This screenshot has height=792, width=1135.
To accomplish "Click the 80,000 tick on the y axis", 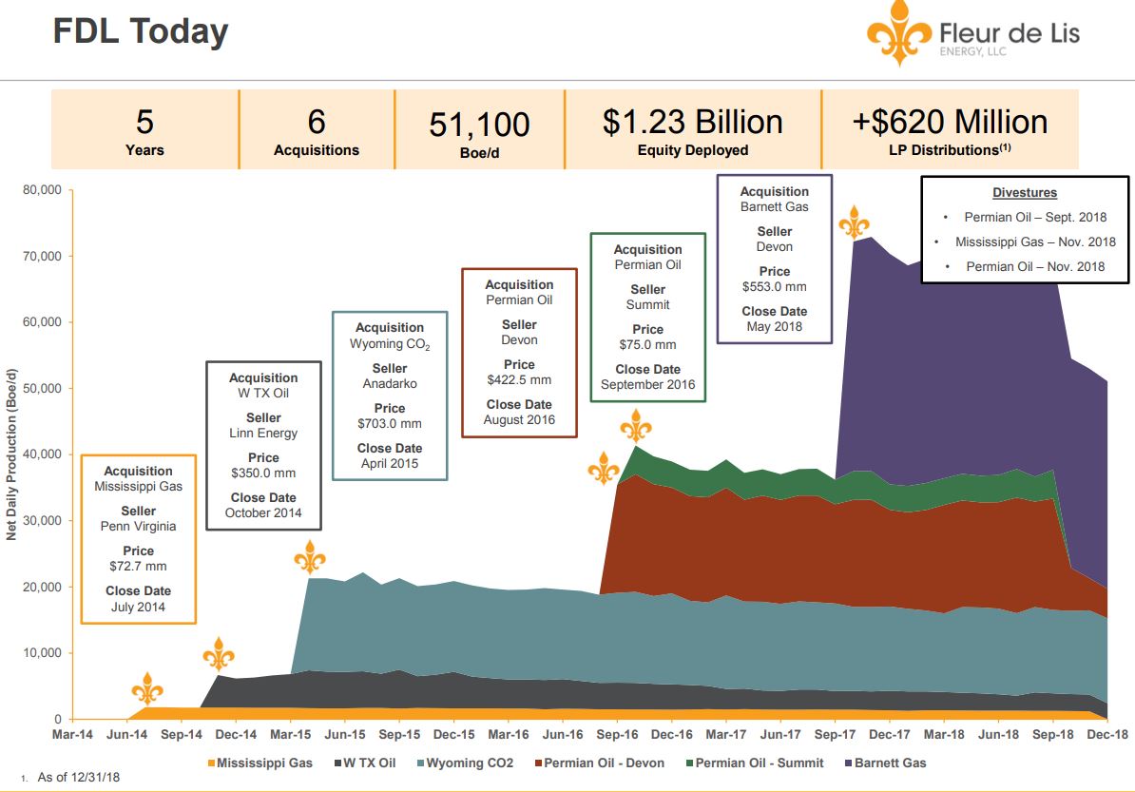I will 41,190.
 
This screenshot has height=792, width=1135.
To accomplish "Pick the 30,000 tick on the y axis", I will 41,521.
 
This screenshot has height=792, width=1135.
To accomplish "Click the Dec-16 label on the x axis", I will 671,735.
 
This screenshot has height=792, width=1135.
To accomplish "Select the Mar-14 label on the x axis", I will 72,735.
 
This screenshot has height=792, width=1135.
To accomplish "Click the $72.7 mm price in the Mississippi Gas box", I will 138,566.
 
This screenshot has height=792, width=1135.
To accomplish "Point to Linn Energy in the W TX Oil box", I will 263,433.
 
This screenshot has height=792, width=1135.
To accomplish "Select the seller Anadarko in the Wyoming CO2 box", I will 390,383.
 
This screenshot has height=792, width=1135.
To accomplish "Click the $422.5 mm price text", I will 519,379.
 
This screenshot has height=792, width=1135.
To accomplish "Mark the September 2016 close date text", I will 647,384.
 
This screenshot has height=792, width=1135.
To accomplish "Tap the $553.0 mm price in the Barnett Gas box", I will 774,286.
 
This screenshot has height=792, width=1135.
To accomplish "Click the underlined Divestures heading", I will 1025,192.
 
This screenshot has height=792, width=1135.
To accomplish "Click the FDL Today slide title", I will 140,31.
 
